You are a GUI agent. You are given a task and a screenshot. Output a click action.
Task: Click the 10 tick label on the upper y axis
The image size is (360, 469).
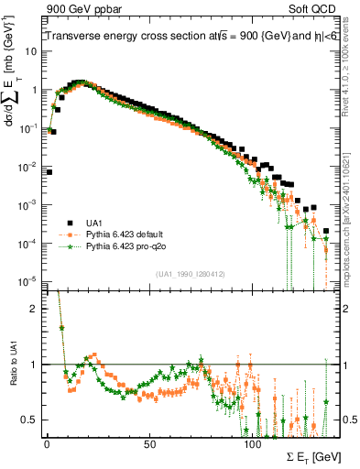coord(30,51)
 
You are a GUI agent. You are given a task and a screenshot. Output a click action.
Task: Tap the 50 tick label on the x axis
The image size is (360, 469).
coord(149,443)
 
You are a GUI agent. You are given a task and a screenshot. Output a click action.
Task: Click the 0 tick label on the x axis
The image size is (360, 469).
coord(47,443)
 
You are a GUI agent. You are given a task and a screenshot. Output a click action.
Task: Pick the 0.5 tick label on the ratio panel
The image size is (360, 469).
coord(29,420)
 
